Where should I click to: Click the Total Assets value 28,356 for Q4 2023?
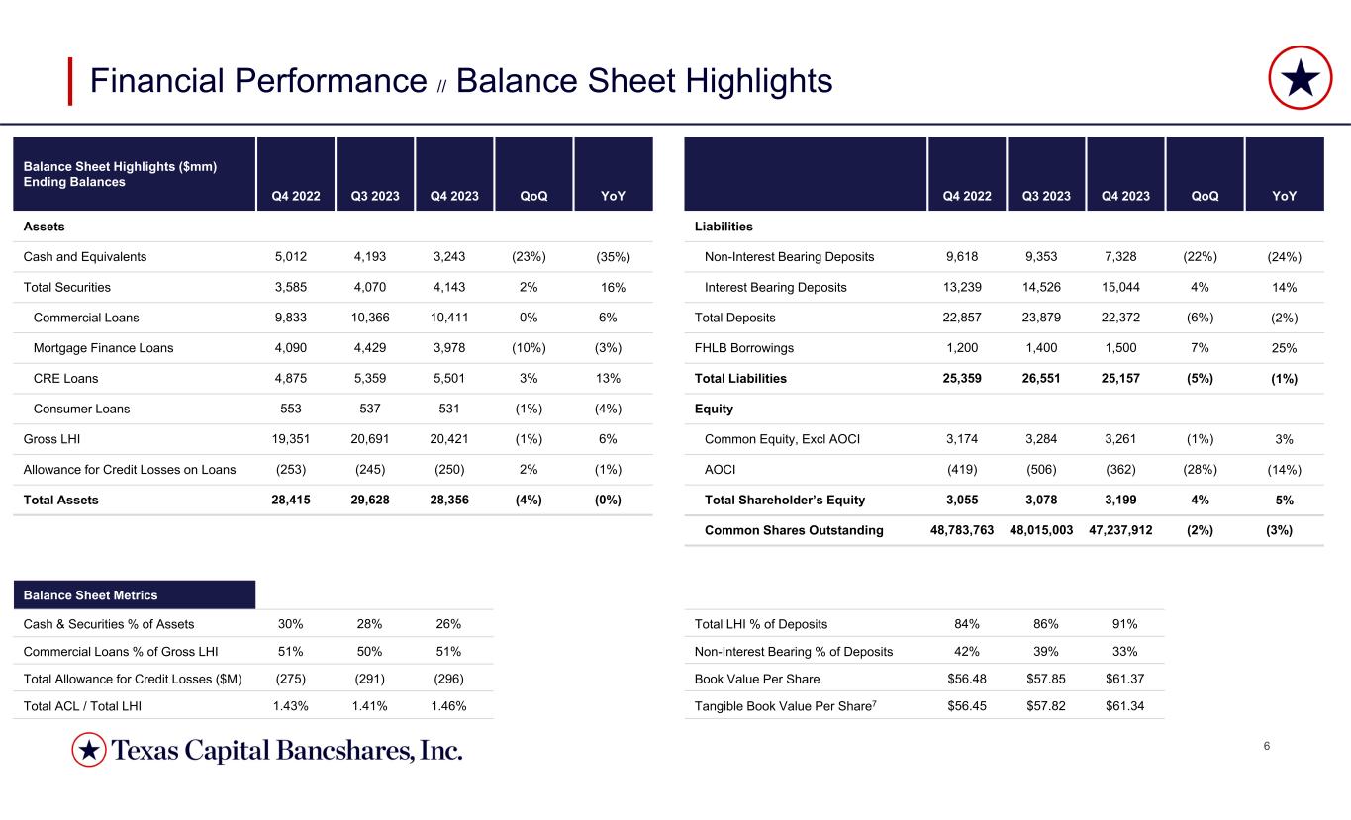point(454,501)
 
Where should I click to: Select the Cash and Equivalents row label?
point(85,257)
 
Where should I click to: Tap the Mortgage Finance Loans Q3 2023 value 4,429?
point(374,348)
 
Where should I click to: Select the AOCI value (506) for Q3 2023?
point(1046,470)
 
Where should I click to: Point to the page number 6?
point(1267,745)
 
